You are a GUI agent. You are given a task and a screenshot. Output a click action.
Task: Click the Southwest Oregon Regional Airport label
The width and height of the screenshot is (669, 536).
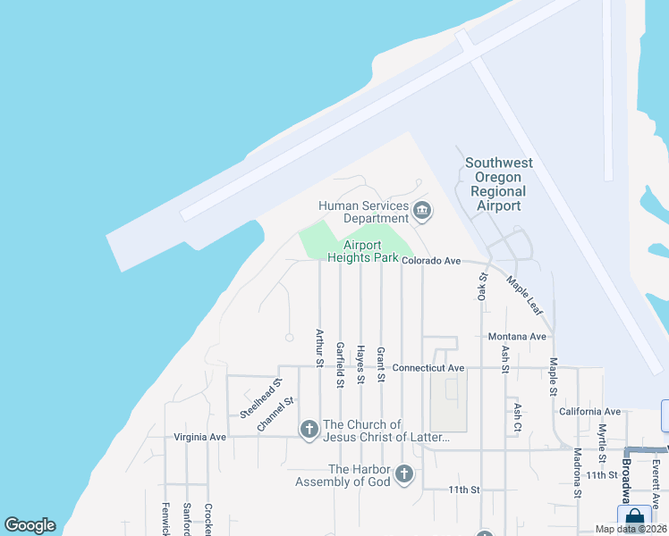click(498, 185)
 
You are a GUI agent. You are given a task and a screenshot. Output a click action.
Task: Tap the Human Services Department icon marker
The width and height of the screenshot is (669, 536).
click(422, 212)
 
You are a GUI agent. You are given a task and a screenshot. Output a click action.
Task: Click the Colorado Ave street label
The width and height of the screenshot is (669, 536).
click(430, 261)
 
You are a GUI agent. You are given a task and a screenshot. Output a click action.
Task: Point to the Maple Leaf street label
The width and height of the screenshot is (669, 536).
click(524, 294)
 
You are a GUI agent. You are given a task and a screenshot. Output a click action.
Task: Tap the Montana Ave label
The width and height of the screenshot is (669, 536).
click(516, 336)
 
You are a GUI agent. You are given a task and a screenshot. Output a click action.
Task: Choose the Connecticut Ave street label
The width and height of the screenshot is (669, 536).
click(428, 367)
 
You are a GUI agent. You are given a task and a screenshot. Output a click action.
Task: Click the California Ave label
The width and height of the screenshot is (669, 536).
click(589, 411)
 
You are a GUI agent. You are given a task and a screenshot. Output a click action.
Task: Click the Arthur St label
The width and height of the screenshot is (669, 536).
click(318, 348)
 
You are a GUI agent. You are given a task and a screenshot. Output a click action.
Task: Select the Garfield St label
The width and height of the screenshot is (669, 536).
click(340, 364)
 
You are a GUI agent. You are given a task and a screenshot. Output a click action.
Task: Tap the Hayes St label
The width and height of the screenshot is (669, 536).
click(360, 364)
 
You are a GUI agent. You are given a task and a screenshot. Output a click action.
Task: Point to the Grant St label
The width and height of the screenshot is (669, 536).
click(381, 364)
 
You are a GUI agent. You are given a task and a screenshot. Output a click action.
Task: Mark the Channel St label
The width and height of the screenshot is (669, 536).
click(275, 415)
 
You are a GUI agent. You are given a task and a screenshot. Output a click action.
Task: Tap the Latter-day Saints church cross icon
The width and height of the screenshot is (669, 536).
click(309, 431)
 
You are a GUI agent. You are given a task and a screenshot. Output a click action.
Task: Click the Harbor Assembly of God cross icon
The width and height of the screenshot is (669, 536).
click(403, 474)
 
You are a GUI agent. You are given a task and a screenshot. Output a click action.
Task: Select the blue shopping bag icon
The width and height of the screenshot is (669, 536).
click(634, 517)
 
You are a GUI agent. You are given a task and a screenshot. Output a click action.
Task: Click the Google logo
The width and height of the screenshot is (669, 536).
click(30, 525)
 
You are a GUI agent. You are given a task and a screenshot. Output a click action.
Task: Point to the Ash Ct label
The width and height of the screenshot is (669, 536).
click(517, 418)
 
